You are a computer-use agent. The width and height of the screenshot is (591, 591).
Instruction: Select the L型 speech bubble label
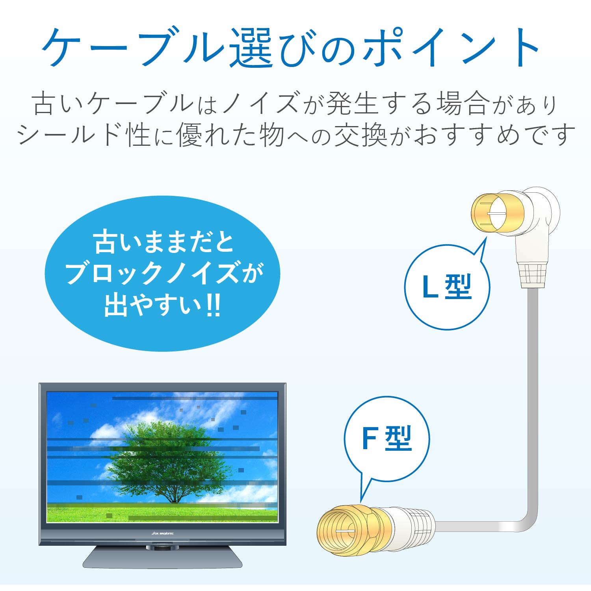[x=447, y=287]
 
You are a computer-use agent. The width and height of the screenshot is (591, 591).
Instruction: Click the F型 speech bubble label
[x=387, y=438]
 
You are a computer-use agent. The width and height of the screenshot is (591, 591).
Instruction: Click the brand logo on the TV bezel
[x=162, y=533]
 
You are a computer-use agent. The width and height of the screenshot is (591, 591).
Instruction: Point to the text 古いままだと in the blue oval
[x=164, y=242]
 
